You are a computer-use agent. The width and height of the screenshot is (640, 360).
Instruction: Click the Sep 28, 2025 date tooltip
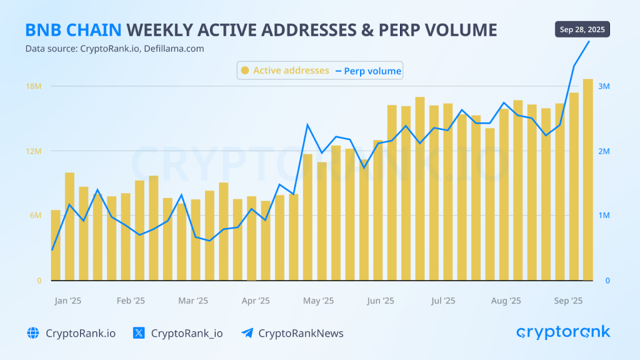(582, 30)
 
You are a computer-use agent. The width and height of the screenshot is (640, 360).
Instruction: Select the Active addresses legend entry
(285, 71)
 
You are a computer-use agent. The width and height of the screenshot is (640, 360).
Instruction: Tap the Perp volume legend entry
(368, 71)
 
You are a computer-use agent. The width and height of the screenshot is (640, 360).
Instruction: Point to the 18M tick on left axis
(33, 86)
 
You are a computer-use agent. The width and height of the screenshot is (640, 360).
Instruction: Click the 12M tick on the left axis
(33, 151)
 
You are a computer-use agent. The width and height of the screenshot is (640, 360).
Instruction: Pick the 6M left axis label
(35, 216)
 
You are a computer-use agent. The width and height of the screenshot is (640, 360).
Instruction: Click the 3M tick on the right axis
(604, 86)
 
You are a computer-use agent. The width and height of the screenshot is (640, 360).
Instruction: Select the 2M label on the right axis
(604, 151)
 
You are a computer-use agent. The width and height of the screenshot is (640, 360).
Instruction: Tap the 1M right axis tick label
(604, 216)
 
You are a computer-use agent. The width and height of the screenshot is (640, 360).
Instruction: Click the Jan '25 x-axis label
(68, 301)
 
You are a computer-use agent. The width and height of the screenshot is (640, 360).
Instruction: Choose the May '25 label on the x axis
(319, 301)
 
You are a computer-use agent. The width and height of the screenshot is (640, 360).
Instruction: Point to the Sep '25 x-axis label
(569, 301)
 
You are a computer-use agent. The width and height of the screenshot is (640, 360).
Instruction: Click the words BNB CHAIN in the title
(73, 30)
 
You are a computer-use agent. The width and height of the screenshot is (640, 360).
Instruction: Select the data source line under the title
(114, 49)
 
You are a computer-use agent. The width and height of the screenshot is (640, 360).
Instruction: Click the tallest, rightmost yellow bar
(588, 180)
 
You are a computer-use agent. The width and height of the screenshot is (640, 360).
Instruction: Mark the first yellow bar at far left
(56, 245)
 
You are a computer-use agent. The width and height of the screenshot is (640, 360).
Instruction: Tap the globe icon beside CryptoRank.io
(33, 333)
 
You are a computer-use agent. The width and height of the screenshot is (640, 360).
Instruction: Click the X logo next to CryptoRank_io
(139, 333)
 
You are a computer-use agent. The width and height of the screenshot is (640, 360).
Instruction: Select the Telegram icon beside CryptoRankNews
(247, 333)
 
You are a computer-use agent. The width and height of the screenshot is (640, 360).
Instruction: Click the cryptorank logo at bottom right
(563, 332)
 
